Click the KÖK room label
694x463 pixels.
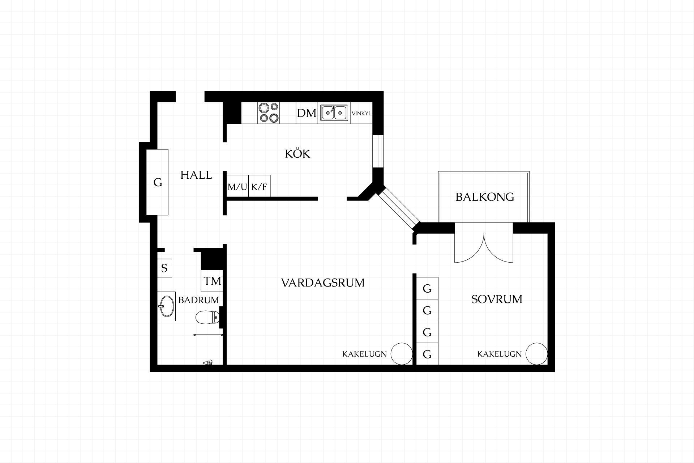tap(297, 154)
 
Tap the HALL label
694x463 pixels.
tap(196, 175)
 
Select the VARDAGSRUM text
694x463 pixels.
tap(323, 283)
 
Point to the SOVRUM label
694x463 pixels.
tap(497, 299)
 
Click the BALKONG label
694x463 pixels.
tap(485, 197)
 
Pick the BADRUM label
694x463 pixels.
tap(198, 300)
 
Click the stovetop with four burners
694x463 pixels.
tap(269, 113)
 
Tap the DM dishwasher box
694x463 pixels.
tap(307, 113)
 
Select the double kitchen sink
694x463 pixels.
tap(334, 112)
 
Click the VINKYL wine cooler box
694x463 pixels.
tap(361, 113)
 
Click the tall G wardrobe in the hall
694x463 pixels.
tap(157, 182)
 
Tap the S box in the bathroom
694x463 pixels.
tap(164, 268)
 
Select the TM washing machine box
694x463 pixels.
tap(212, 281)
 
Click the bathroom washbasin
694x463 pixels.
tap(166, 306)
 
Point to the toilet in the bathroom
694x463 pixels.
tap(207, 318)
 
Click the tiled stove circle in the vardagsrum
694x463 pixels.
tap(402, 354)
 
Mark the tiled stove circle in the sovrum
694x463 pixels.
tap(536, 354)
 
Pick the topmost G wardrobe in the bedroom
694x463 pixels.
tap(427, 288)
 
